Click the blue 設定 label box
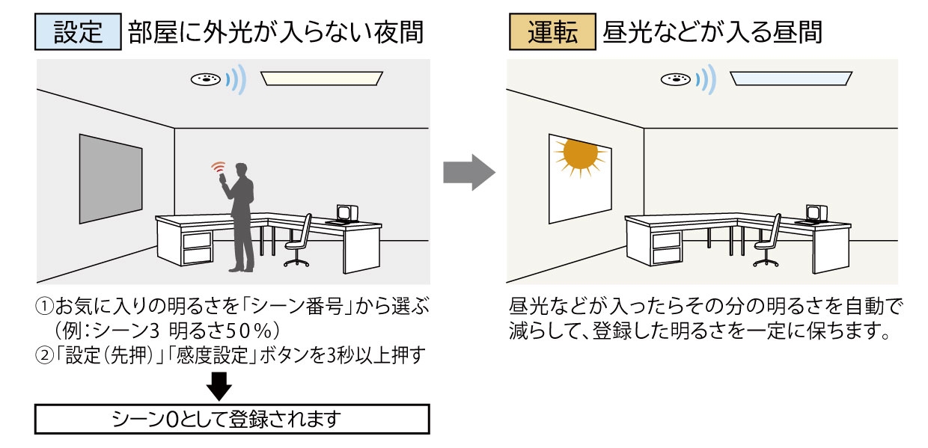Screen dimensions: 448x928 (78, 33)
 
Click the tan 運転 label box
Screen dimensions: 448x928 (552, 33)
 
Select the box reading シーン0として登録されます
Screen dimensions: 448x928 (232, 418)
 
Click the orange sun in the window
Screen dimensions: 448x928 (581, 156)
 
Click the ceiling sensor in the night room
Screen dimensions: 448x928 (205, 79)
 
